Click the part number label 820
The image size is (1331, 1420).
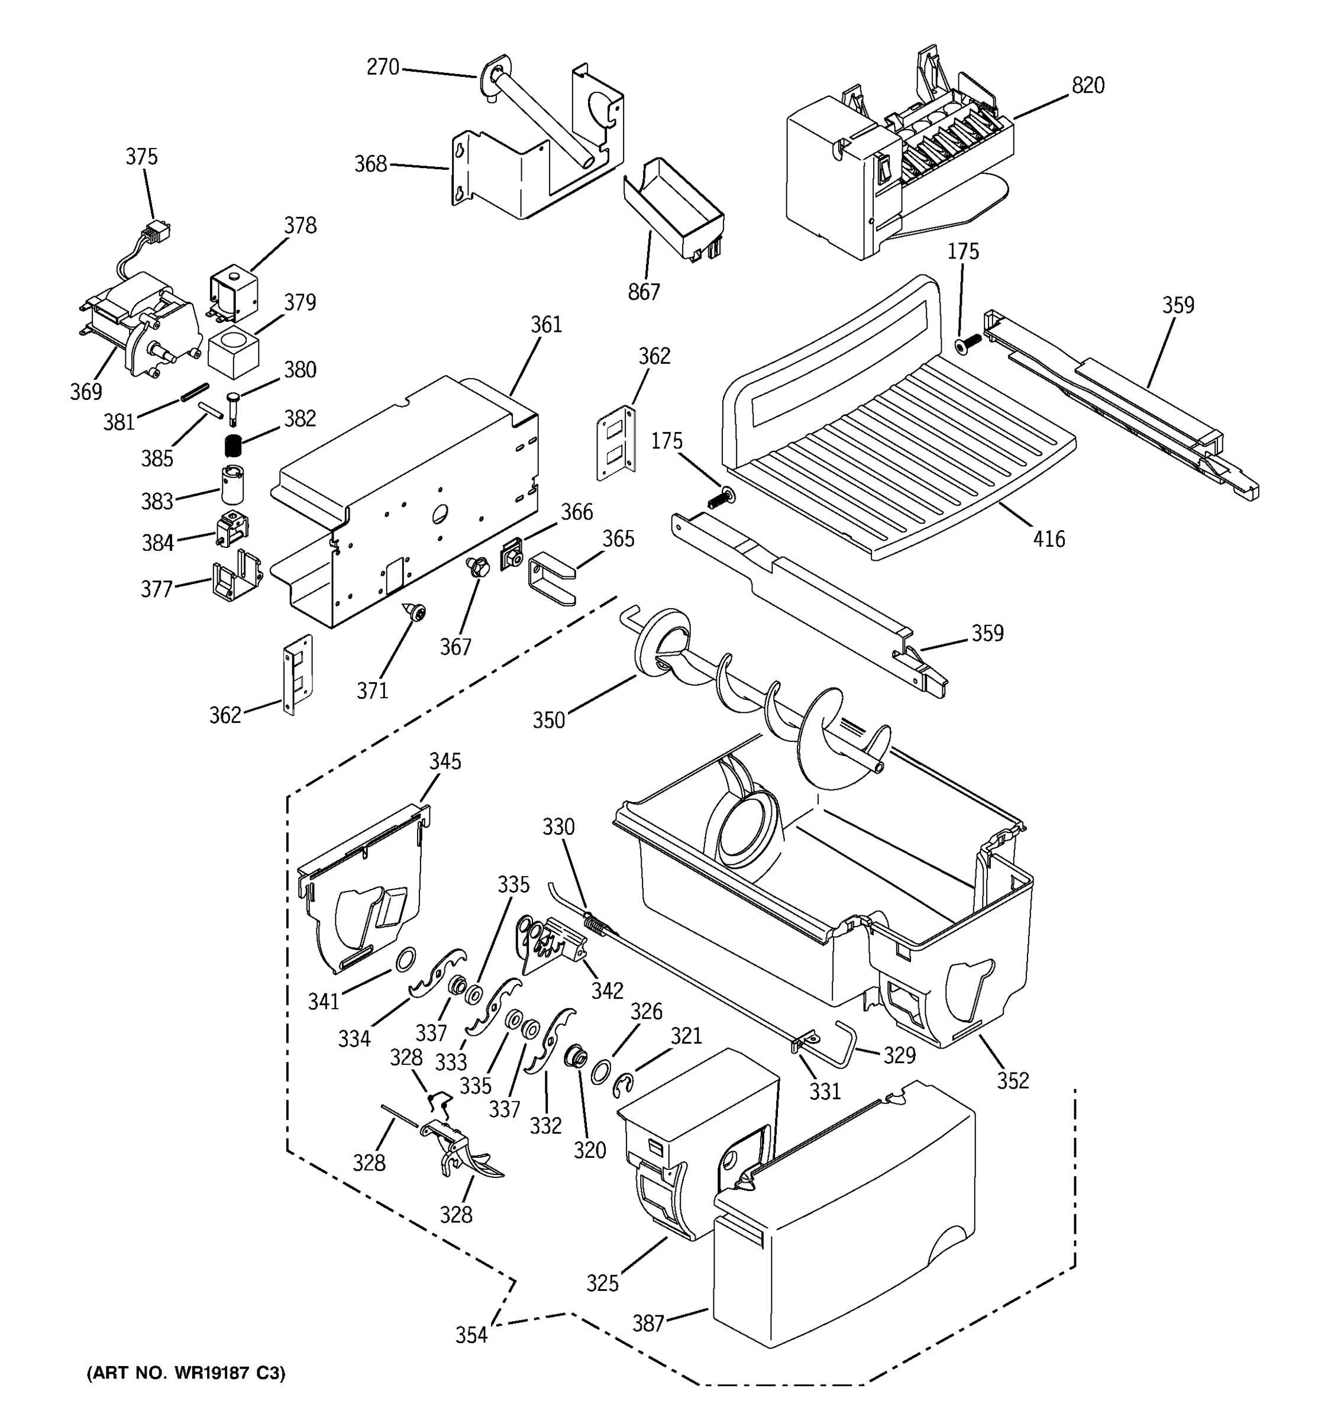tap(1087, 86)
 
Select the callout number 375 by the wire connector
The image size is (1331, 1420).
tap(141, 156)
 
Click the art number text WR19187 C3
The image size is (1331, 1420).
tap(186, 1373)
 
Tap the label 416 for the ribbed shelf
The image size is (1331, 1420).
tap(1048, 538)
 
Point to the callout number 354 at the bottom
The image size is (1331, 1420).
tap(471, 1334)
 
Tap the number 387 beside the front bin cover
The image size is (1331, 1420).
tap(648, 1324)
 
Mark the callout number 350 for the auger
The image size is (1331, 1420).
tap(548, 720)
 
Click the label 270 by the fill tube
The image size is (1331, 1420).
tap(383, 67)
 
